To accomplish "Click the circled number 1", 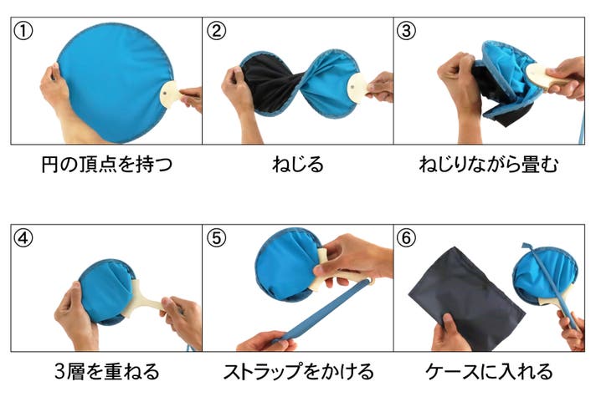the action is [23, 31].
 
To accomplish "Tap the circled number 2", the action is [216, 31].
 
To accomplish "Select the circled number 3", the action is [406, 31].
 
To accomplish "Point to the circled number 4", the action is [23, 238].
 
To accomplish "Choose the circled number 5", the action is [216, 238].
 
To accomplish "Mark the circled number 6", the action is [406, 238].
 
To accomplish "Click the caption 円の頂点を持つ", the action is [107, 165].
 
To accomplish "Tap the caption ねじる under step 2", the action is [298, 165].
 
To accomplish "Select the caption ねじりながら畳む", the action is [489, 165].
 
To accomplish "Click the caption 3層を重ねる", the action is [107, 371].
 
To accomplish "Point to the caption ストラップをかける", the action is [298, 371].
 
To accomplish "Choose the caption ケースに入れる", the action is [489, 371].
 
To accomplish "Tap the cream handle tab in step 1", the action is [170, 94].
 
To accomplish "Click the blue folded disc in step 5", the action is [287, 265].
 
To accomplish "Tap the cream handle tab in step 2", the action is [357, 86].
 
